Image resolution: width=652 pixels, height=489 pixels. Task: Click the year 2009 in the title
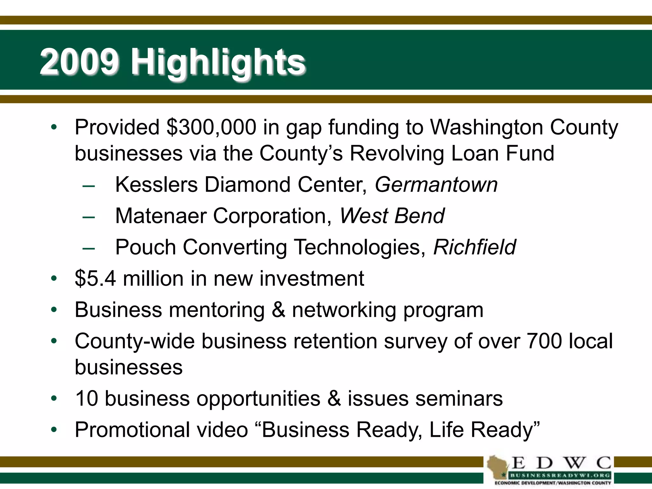[80, 61]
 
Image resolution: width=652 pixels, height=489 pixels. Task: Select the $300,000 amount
[211, 127]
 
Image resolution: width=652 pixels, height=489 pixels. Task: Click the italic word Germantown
[436, 185]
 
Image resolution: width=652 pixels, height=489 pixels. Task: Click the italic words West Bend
[392, 216]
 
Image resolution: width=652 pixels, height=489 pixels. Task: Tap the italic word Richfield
[474, 247]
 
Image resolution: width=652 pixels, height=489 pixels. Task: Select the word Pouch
[145, 247]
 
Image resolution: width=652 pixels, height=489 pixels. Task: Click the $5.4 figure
[96, 279]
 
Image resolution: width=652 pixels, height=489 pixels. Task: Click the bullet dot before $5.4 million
[54, 279]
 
